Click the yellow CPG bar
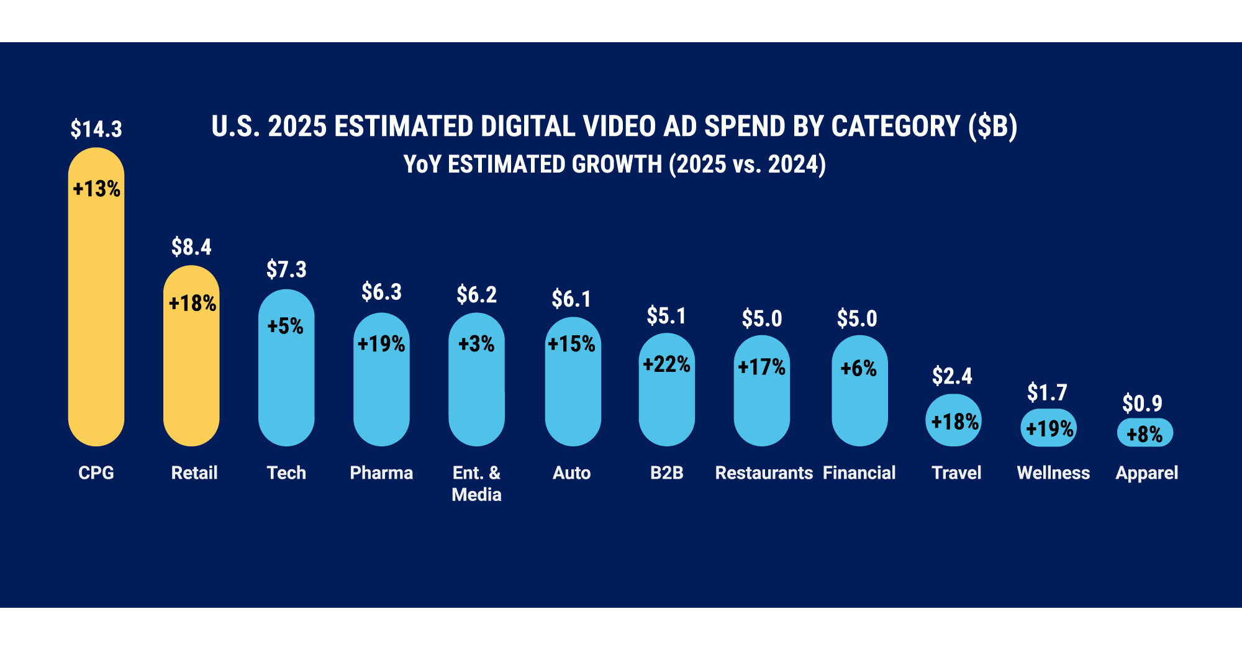tap(96, 310)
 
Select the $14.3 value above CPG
tap(96, 129)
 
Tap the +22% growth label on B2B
tap(666, 364)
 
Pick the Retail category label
tap(194, 473)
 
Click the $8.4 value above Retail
tap(191, 247)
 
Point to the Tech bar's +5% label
tap(286, 326)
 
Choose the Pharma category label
tap(381, 473)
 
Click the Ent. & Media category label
tap(476, 484)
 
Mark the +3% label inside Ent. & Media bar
tap(476, 343)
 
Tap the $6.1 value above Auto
tap(571, 299)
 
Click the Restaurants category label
tap(764, 473)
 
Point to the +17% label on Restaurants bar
tap(761, 367)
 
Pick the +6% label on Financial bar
tap(858, 368)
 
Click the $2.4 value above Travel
tap(952, 376)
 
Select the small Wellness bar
tap(1048, 428)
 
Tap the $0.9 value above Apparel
tap(1142, 404)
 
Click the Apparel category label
tap(1146, 473)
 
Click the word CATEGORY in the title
tap(895, 127)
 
